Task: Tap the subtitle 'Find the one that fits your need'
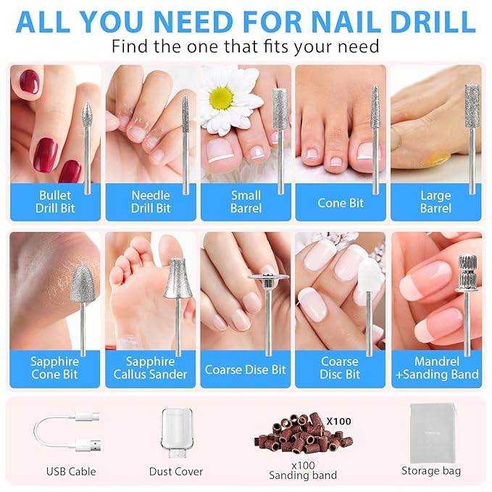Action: (245, 47)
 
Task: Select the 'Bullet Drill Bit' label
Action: (55, 202)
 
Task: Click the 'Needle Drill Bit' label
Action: (151, 202)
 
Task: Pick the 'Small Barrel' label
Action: (246, 202)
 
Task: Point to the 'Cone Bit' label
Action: (341, 203)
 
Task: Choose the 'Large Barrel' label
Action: (435, 202)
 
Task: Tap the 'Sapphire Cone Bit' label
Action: (55, 367)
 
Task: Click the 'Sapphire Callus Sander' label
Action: (151, 367)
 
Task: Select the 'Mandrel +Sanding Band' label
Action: (436, 367)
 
